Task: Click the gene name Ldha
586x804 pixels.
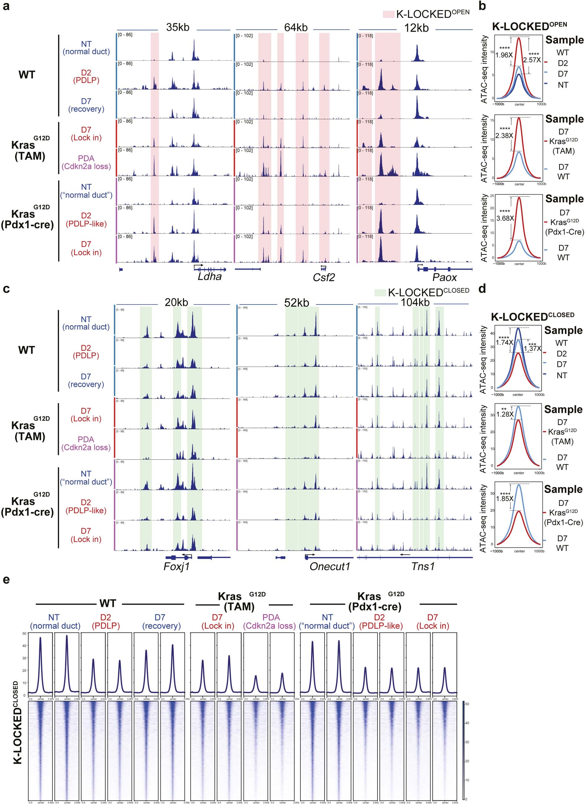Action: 209,276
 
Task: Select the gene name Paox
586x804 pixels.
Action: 444,277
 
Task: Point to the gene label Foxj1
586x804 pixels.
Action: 176,566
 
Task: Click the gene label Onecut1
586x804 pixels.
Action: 330,566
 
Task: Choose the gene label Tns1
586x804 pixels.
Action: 423,566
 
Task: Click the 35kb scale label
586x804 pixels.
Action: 177,27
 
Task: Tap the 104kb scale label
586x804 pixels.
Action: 415,302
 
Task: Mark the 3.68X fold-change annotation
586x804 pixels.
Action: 504,218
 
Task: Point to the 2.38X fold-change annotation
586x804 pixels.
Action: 504,136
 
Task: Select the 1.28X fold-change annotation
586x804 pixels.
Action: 504,414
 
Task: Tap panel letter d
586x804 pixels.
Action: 482,289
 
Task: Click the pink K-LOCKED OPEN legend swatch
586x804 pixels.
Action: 388,14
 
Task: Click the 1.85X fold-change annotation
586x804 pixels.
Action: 504,498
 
